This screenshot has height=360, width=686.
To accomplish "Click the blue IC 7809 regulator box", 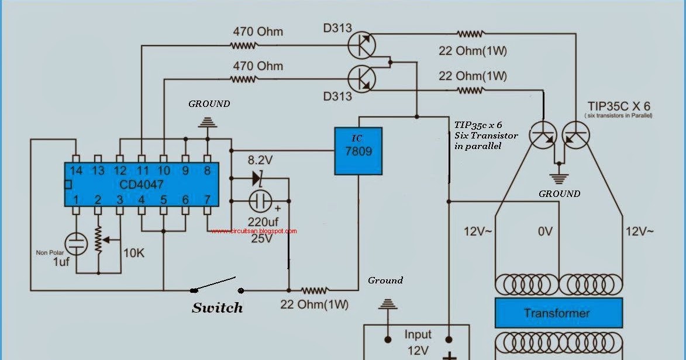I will (358, 151).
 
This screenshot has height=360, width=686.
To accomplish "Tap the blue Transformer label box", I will (556, 313).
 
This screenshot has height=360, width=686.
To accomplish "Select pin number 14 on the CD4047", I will (75, 170).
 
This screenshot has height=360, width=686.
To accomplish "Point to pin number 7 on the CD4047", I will (207, 200).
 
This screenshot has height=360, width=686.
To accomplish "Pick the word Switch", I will (217, 307).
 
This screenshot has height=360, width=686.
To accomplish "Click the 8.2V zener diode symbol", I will (257, 177).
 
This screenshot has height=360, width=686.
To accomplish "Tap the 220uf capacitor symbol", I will (260, 202).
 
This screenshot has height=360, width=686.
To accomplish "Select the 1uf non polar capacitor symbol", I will (75, 243).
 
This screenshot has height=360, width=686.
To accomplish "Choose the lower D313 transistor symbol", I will (361, 77).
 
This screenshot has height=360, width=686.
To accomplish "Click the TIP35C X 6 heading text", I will (619, 106).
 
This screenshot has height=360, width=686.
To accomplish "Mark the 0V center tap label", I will (544, 232).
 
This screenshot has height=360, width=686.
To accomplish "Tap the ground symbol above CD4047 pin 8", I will (207, 122).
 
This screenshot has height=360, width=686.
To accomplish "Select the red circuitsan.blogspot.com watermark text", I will (254, 231).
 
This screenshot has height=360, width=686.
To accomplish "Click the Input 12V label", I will (418, 343).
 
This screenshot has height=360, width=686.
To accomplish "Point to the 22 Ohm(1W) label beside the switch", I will (314, 304).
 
